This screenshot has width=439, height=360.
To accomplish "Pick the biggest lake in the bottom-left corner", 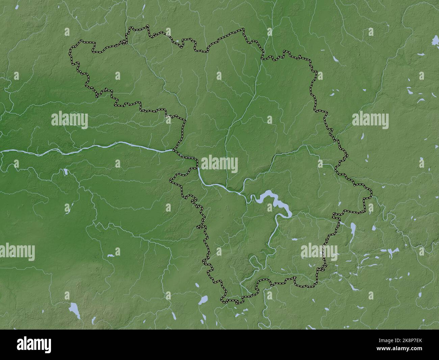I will click(x=74, y=310).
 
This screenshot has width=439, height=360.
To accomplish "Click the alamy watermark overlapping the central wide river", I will click(x=219, y=163).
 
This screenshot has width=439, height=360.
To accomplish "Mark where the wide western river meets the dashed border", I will click(x=174, y=150).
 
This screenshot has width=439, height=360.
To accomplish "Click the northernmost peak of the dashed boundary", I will click(x=147, y=26).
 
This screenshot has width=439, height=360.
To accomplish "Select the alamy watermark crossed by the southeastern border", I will click(x=319, y=252).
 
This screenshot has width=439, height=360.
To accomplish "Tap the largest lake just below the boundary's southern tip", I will click(x=203, y=300).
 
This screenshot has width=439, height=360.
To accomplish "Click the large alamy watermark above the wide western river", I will click(x=70, y=120).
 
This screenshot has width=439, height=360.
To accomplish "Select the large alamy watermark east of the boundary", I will click(x=370, y=120).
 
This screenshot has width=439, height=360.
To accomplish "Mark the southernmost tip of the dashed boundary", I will click(x=233, y=302).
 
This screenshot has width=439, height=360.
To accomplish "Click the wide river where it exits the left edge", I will click(x=3, y=152).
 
